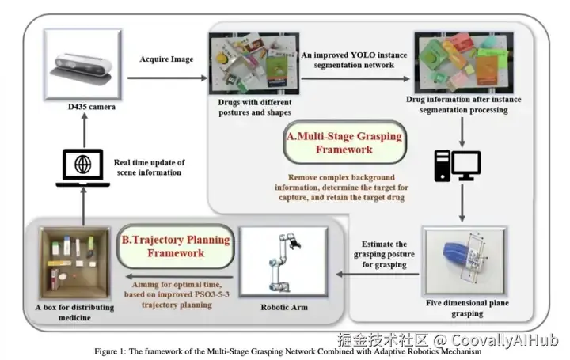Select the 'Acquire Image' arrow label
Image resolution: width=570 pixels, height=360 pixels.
166,59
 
